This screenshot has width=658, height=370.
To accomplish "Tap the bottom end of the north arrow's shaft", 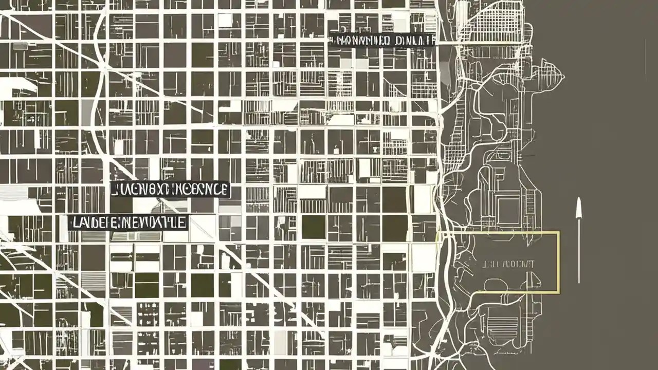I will [x=579, y=283].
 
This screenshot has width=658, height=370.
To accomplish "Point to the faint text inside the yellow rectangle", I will [x=509, y=264].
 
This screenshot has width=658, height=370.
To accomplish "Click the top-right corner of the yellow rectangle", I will [x=559, y=232].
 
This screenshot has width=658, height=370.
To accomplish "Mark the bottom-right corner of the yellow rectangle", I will [x=559, y=293].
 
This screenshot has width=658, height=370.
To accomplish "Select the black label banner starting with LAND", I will [x=128, y=223].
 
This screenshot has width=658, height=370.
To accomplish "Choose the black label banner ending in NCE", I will [x=170, y=189].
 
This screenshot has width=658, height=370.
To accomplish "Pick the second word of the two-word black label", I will [x=411, y=40].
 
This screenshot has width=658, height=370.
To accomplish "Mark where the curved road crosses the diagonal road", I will [x=104, y=67].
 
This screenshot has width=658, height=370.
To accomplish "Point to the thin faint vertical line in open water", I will [x=645, y=57].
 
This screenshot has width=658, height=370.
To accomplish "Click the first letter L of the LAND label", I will [x=73, y=223].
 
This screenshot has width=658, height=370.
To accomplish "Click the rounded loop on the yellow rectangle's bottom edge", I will [x=493, y=286].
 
